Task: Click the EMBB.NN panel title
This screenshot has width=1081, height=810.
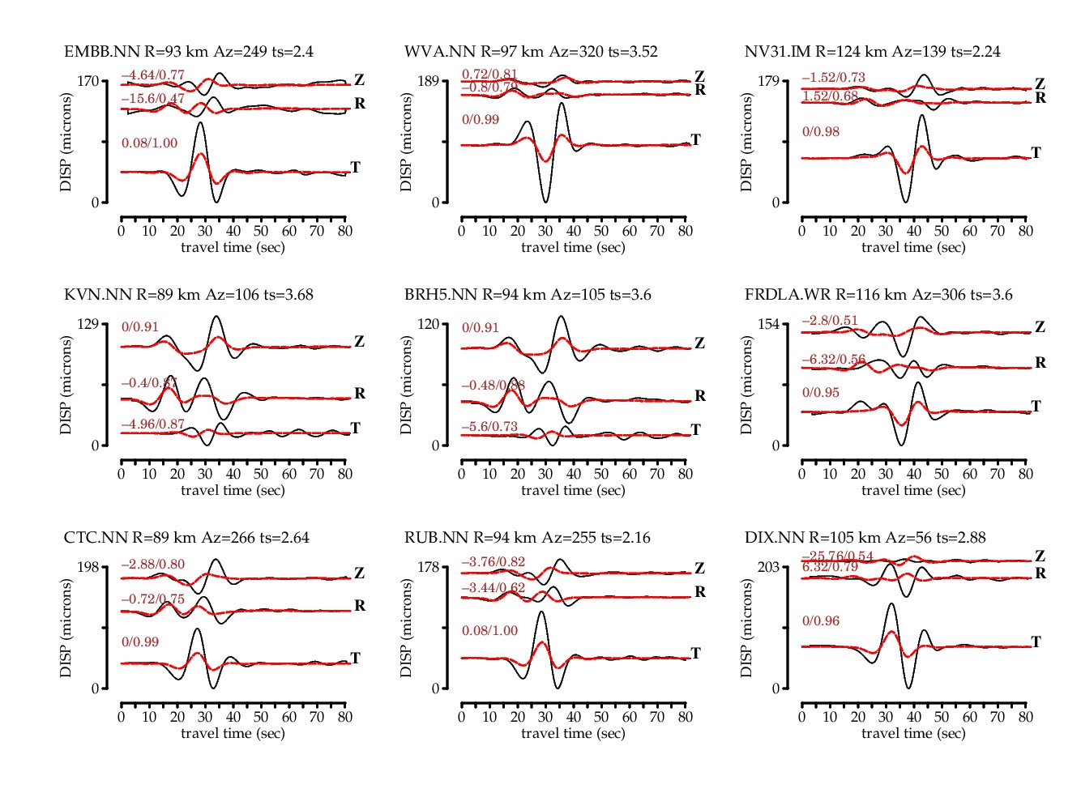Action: tap(189, 52)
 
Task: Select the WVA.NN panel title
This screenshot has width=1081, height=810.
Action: tap(531, 52)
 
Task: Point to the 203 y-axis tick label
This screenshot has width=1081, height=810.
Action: tap(768, 567)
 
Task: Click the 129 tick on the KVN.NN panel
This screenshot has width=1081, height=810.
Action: tap(88, 324)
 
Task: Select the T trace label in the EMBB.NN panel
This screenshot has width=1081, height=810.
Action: tap(355, 168)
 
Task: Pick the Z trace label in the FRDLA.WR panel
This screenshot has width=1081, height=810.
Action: tap(1040, 327)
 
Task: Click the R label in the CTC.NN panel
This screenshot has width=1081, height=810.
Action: tap(360, 606)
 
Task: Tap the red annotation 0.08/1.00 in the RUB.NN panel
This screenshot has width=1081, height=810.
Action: tap(489, 631)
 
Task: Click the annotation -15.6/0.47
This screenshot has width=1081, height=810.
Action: tap(153, 100)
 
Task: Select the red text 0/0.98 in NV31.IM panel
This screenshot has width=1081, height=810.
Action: tap(821, 132)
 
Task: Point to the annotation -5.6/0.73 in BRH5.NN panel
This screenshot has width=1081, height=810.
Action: tap(489, 427)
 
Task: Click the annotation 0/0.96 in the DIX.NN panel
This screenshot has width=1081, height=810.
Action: tap(821, 621)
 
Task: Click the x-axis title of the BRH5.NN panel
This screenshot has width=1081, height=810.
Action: tap(573, 490)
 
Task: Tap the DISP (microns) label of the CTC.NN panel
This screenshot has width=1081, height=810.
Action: tap(66, 628)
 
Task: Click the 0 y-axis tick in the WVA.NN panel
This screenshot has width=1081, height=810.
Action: tap(435, 202)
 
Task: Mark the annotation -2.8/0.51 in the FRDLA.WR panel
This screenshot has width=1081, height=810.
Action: tap(830, 321)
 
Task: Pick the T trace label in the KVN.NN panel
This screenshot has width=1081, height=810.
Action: tap(355, 428)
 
